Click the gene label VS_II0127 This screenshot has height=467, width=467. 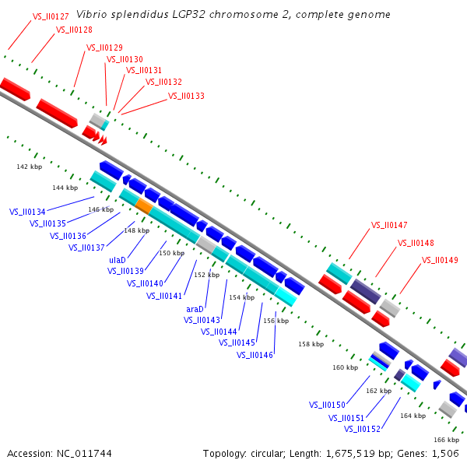[x=51, y=16]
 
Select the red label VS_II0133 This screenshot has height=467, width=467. [x=186, y=97]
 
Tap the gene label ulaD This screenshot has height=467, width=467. [x=117, y=260]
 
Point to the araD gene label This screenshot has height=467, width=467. [x=195, y=309]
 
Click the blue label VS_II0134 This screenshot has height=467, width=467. [x=27, y=212]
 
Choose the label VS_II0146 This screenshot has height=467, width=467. [x=255, y=355]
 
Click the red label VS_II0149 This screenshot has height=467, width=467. [x=440, y=260]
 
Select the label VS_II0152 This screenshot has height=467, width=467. [x=362, y=429]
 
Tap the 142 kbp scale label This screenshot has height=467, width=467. [x=29, y=167]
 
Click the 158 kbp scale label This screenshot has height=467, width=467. [x=311, y=343]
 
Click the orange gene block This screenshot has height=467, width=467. [x=144, y=205]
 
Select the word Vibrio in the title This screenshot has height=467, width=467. [x=92, y=15]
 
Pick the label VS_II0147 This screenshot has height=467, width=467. [x=388, y=225]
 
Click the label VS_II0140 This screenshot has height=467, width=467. [x=145, y=283]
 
